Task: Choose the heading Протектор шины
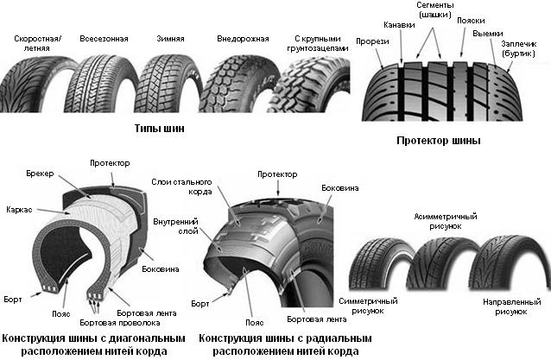tap(438, 140)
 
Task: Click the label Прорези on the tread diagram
tap(370, 40)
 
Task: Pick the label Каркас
tap(19, 209)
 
